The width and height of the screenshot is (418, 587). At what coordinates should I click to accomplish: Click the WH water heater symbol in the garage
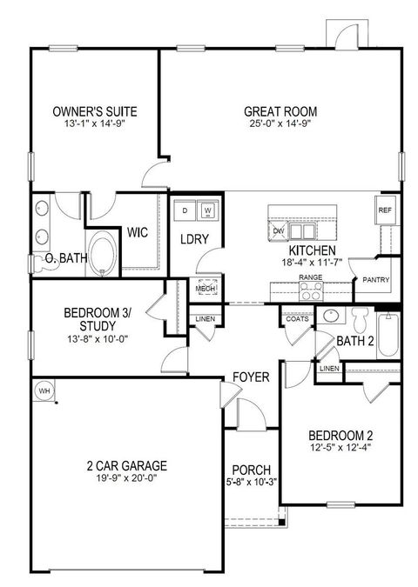44,392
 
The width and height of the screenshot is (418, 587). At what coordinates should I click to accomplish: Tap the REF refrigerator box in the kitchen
385,211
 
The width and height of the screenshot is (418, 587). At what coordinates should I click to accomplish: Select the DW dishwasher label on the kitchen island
279,230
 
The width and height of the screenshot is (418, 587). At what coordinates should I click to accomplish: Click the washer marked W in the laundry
208,210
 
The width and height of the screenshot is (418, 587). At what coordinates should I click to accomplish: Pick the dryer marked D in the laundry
186,210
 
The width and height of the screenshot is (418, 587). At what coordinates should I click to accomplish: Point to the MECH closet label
206,290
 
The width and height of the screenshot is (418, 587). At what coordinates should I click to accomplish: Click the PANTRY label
377,280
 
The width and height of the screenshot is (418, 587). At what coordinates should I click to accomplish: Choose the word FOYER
250,377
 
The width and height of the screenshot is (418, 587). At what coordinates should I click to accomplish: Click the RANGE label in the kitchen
311,277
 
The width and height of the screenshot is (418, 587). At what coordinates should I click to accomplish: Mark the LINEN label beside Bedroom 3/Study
206,319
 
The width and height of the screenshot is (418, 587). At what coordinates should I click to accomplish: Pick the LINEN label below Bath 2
329,369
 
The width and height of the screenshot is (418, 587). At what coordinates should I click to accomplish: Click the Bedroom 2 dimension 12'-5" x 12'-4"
340,448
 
